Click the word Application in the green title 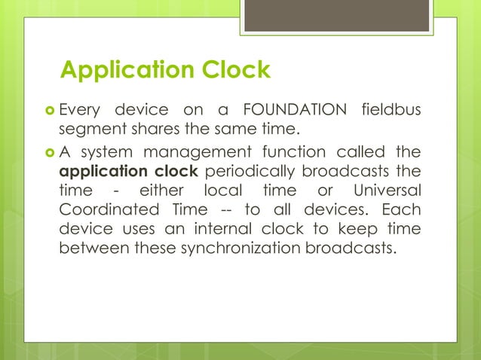pyautogui.click(x=124, y=70)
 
